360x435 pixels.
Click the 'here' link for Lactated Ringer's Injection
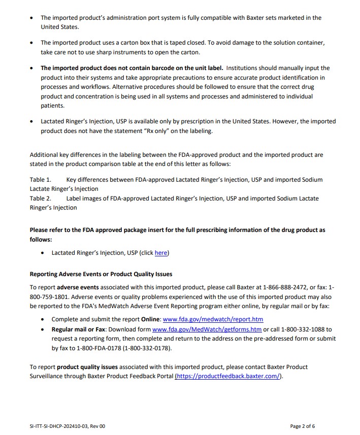tap(161, 253)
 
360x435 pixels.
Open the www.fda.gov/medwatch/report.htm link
tap(213, 319)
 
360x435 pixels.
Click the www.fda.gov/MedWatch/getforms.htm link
tap(207, 329)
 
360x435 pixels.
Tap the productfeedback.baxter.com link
tap(228, 376)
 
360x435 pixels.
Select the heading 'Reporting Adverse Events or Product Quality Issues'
tap(101, 274)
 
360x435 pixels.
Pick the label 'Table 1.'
tap(41, 180)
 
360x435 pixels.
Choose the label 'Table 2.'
tap(41, 198)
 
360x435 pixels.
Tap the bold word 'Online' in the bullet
tap(150, 319)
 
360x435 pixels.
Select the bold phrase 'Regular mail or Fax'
tap(76, 329)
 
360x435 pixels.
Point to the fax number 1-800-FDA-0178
tap(98, 348)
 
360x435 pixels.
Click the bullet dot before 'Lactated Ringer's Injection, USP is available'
tap(32, 122)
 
